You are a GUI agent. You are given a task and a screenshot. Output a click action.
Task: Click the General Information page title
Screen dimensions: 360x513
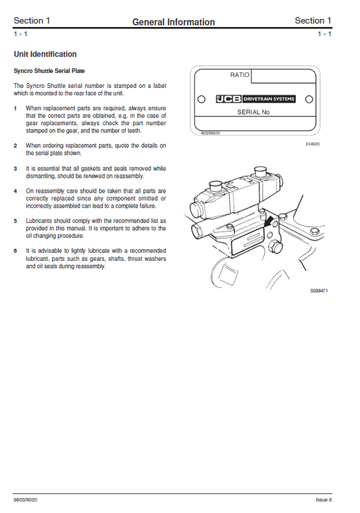(x=174, y=22)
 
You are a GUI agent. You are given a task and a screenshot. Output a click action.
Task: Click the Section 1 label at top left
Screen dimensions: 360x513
(x=32, y=21)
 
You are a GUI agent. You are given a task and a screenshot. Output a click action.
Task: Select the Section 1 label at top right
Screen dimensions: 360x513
(x=313, y=21)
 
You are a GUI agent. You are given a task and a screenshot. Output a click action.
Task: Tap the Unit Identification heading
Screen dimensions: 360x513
(x=45, y=54)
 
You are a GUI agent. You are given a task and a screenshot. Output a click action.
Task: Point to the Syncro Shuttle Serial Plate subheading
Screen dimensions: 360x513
(x=49, y=70)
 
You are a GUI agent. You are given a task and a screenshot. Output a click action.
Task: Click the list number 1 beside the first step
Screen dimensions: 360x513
(x=16, y=108)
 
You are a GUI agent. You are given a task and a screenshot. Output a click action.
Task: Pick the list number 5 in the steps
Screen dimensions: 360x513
(x=16, y=220)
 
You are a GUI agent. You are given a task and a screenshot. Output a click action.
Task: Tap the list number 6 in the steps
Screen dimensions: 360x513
(x=16, y=251)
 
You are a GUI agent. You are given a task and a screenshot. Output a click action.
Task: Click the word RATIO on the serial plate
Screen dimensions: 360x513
(x=240, y=76)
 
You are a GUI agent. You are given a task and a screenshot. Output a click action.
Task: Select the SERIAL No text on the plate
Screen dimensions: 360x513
(x=253, y=113)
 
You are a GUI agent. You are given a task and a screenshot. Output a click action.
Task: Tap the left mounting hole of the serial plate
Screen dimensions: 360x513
(x=201, y=99)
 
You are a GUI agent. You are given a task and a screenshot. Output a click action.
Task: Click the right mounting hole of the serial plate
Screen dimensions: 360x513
(x=309, y=99)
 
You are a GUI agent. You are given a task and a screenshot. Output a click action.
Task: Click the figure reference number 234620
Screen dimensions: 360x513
(x=313, y=145)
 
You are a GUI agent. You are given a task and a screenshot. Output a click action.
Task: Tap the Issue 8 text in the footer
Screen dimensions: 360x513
(x=324, y=500)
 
